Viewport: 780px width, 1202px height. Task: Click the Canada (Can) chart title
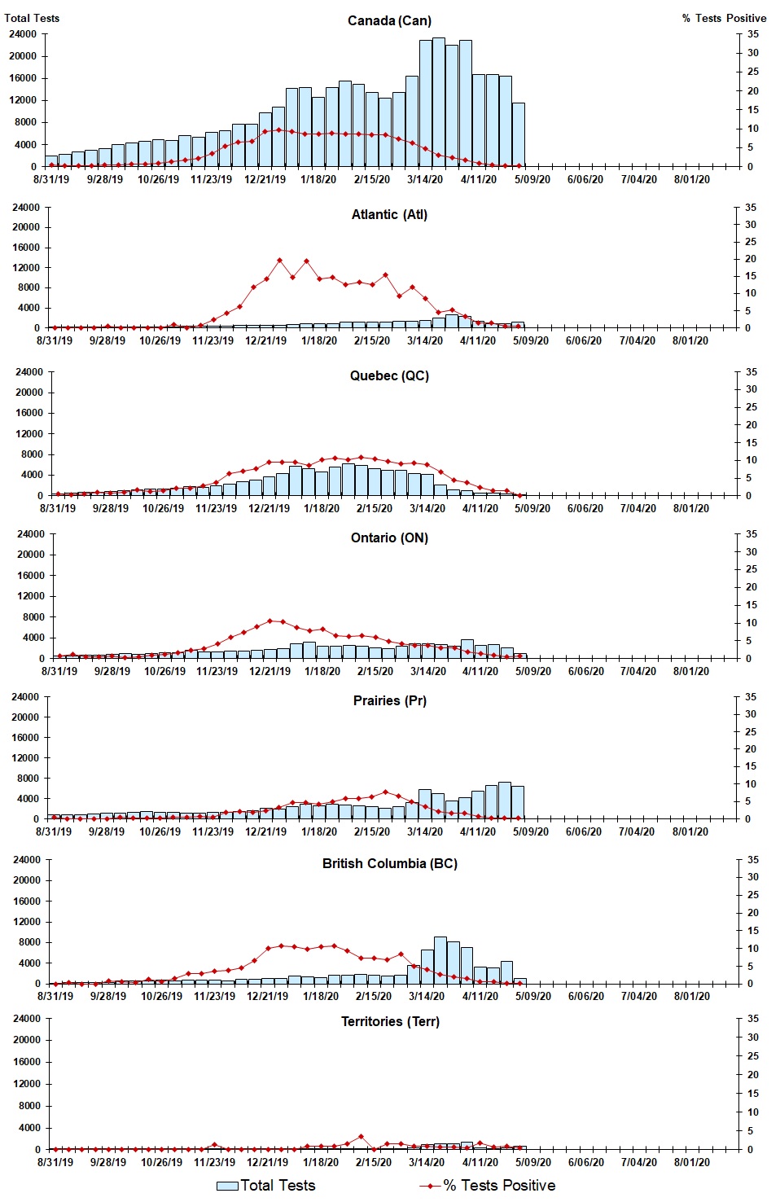pos(389,20)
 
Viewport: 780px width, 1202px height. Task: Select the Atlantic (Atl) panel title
pos(389,214)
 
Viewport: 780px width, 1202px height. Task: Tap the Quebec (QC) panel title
pos(389,375)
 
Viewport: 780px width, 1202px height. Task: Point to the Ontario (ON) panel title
pos(389,537)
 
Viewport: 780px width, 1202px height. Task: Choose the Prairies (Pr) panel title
pos(389,700)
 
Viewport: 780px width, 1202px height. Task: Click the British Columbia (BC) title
pos(389,863)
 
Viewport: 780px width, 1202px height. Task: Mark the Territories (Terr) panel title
pos(390,1021)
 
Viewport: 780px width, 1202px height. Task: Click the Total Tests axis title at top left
pos(32,18)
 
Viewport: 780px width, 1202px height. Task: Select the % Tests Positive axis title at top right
pos(724,18)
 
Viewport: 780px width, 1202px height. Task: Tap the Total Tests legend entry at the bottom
pos(266,1186)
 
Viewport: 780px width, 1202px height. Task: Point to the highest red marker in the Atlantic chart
pos(279,261)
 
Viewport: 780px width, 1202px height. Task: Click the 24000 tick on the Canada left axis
pos(22,34)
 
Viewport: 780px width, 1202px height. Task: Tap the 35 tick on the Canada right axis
pos(753,34)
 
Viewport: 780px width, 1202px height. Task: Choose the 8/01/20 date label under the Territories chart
pos(692,1162)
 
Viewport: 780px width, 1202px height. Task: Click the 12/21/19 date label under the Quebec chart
pos(269,508)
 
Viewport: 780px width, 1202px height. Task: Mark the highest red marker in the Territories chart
pos(361,1137)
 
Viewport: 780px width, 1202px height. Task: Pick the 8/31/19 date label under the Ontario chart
pos(59,671)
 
